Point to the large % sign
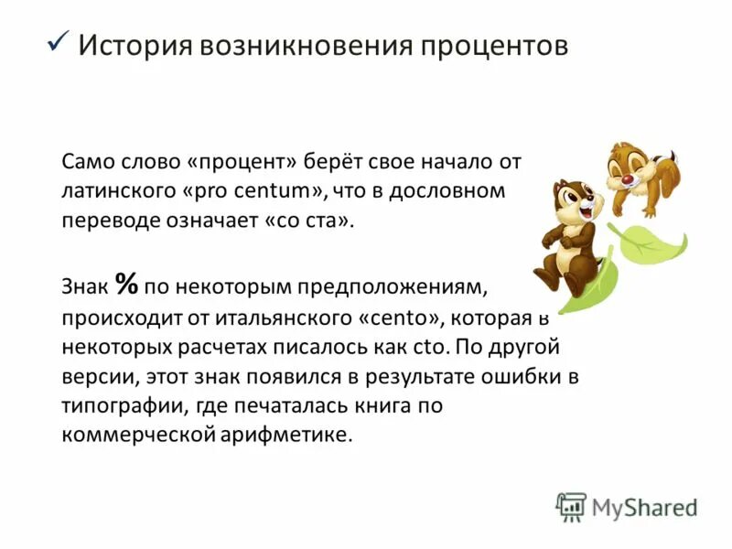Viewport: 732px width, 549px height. [x=126, y=285]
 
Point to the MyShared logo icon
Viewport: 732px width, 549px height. [x=570, y=507]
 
